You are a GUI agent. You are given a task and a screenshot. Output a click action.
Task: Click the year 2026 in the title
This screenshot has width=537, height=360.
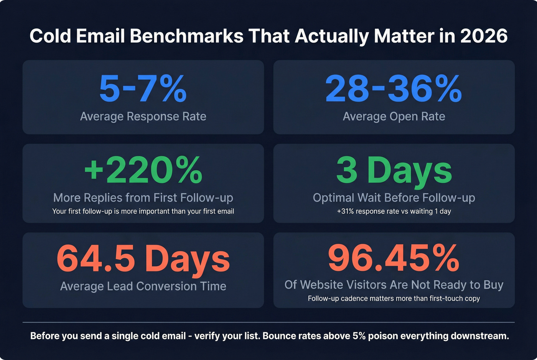pyautogui.click(x=484, y=36)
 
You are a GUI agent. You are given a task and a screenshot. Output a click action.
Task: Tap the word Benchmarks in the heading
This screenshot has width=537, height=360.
pyautogui.click(x=187, y=36)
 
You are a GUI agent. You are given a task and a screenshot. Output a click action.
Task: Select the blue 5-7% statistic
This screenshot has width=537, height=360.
pyautogui.click(x=143, y=89)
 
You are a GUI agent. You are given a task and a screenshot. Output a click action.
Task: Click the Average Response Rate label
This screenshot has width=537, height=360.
pyautogui.click(x=143, y=116)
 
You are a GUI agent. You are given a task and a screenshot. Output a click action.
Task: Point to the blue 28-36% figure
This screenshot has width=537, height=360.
pyautogui.click(x=394, y=89)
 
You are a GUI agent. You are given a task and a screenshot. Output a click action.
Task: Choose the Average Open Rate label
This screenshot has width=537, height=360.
pyautogui.click(x=394, y=116)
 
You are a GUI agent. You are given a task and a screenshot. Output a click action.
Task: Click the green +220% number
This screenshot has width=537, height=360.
pyautogui.click(x=143, y=170)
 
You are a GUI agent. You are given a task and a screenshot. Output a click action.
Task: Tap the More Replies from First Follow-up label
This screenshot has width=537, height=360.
pyautogui.click(x=143, y=197)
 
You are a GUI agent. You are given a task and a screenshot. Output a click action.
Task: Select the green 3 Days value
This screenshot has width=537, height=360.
pyautogui.click(x=394, y=170)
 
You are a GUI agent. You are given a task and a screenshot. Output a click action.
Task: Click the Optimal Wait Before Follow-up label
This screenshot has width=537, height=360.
pyautogui.click(x=394, y=197)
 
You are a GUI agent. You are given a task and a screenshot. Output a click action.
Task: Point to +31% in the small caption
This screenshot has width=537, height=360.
pyautogui.click(x=345, y=211)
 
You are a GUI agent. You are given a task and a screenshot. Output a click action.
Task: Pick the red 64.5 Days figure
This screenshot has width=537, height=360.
pyautogui.click(x=143, y=259)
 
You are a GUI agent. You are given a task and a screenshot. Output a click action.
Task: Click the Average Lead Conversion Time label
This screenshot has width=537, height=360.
pyautogui.click(x=143, y=286)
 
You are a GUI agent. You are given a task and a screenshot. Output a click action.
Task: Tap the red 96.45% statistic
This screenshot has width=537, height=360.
pyautogui.click(x=394, y=258)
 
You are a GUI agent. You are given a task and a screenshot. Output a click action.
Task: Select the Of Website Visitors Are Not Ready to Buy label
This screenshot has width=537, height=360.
pyautogui.click(x=394, y=285)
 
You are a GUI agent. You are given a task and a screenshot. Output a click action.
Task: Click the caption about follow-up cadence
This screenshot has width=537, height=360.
pyautogui.click(x=394, y=298)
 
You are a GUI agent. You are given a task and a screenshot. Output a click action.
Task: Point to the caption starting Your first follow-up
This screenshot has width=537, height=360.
pyautogui.click(x=143, y=211)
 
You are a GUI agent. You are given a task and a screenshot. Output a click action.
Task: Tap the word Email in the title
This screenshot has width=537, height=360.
pyautogui.click(x=100, y=36)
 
